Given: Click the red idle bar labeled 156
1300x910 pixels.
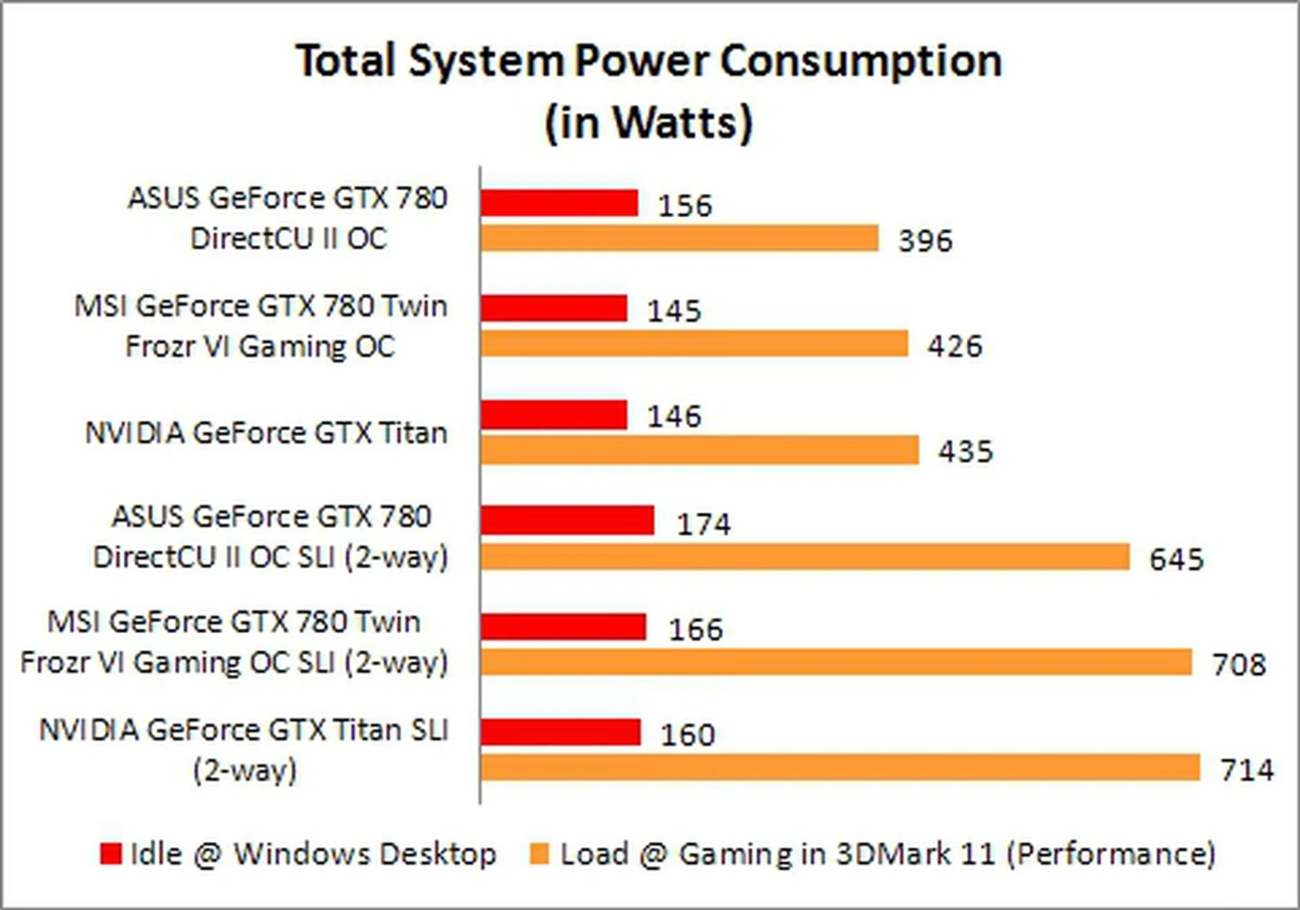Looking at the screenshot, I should [559, 202].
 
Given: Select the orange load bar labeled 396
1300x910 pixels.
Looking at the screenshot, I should [679, 238].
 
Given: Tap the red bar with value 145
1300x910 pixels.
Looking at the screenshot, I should [554, 308].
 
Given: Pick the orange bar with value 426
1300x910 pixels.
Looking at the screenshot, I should [694, 344].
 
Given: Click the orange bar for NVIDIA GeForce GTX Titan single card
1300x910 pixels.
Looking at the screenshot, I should [699, 450].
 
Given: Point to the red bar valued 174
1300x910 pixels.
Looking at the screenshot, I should [567, 520].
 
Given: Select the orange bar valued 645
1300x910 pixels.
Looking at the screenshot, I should [805, 557].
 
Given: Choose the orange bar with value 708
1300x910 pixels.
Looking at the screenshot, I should [836, 662].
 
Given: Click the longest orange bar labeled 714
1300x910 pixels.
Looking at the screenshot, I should [840, 768].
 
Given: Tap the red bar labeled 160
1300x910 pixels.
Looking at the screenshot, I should [561, 732].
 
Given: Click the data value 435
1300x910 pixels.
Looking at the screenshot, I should [966, 452].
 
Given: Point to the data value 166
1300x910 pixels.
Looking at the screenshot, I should [696, 630].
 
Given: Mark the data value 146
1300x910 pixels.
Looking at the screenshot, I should [674, 416].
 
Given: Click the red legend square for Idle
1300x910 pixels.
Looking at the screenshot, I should [110, 854].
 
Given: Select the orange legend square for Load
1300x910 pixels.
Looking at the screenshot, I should [539, 854].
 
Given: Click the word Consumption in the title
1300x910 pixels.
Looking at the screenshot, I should [861, 61].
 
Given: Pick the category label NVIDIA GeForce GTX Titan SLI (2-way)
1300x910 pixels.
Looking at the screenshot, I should [244, 750].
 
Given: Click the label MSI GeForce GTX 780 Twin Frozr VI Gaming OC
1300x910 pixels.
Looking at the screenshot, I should [261, 326].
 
